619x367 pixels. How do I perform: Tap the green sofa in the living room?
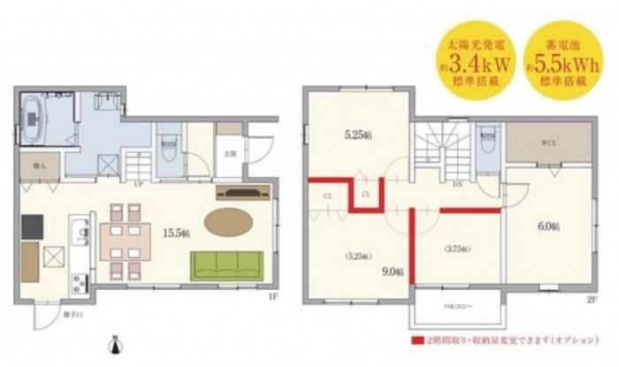[x=227, y=264]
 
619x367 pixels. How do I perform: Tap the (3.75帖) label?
[x=455, y=250]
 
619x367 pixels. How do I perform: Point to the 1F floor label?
[x=272, y=297]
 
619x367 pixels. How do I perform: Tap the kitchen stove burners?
[x=77, y=283]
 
